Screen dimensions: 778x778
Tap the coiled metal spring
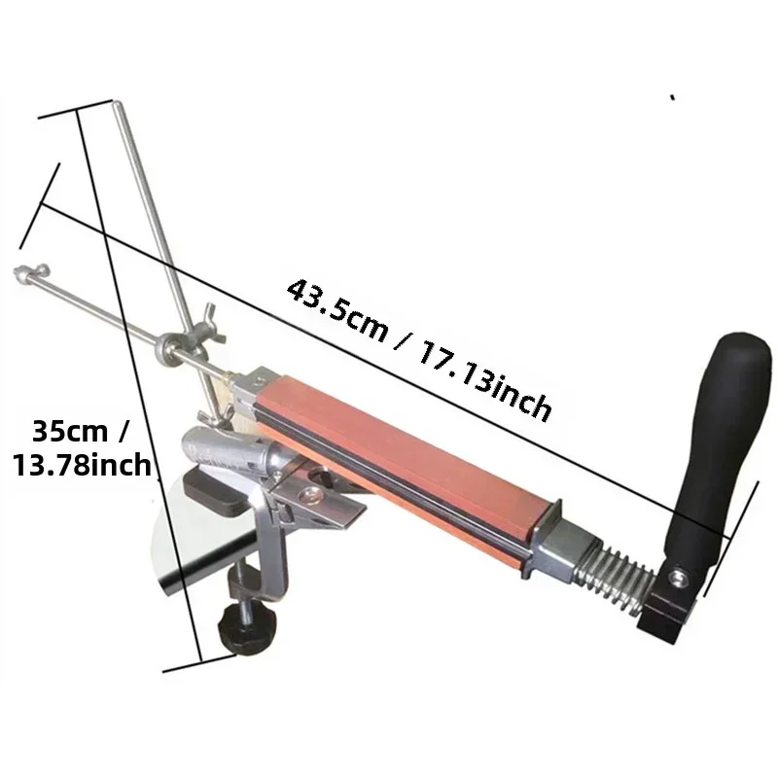click(613, 581)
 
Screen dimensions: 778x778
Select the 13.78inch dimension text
click(82, 465)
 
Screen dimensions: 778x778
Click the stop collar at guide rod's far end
click(31, 272)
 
